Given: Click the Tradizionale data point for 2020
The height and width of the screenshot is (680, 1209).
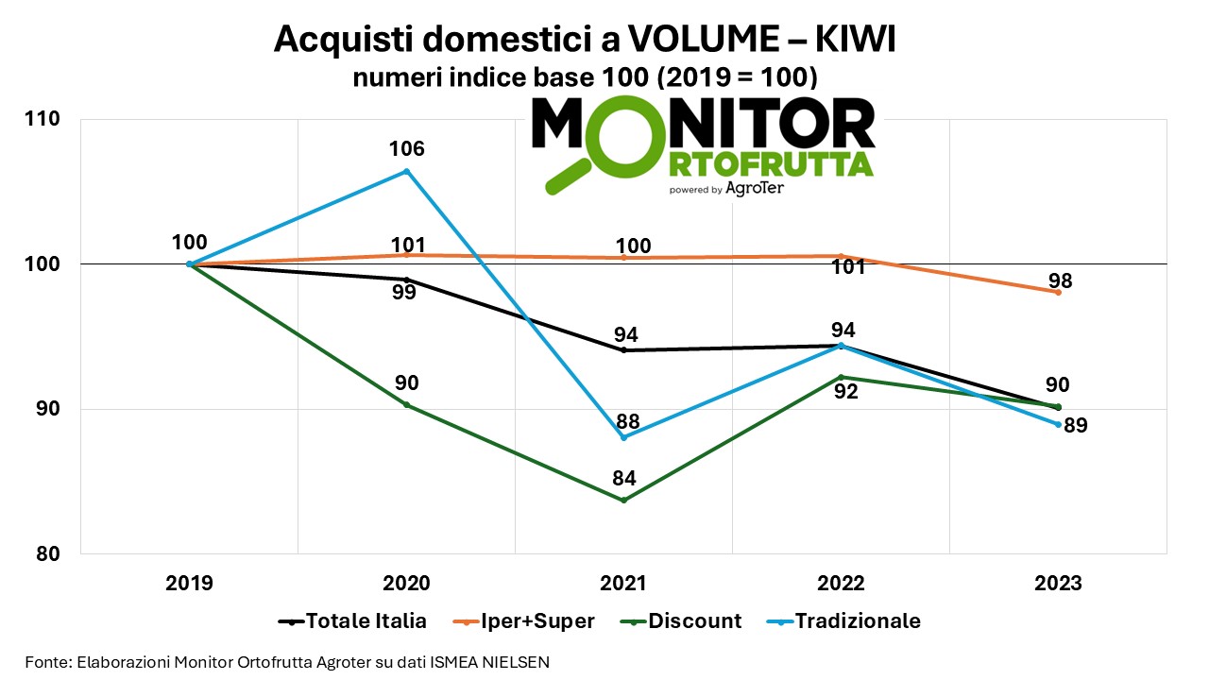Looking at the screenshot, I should [406, 171].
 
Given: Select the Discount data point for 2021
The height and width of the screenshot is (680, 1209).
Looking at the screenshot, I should [623, 500].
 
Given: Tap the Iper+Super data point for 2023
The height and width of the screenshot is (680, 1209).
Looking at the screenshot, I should [1058, 292].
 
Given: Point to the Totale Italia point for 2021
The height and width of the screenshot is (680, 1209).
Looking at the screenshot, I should [623, 350].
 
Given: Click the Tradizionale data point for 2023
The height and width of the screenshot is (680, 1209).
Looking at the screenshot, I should [1058, 424].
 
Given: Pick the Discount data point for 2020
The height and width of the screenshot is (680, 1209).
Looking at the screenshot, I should [406, 404].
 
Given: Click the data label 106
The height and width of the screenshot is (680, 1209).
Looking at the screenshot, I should [406, 148].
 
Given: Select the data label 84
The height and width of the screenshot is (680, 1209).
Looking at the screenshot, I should [623, 478].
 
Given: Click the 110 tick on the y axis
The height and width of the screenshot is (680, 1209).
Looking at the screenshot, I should [44, 119].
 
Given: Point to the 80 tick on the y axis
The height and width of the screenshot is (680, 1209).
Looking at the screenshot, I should [48, 553].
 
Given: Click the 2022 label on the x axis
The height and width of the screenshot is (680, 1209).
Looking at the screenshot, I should [841, 583].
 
